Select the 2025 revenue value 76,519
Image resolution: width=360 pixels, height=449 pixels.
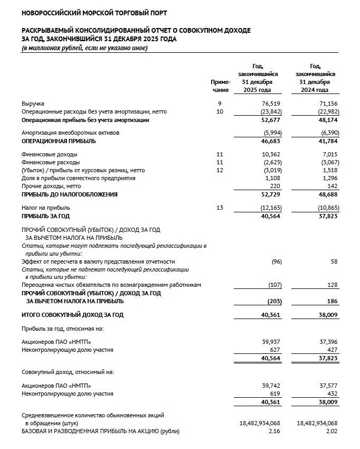[x=269, y=105]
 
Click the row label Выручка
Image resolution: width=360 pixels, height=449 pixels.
[x=33, y=105]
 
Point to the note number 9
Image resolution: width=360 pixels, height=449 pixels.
[x=220, y=105]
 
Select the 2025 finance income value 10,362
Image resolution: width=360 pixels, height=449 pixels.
[x=269, y=154]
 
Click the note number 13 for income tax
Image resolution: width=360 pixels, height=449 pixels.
[x=220, y=208]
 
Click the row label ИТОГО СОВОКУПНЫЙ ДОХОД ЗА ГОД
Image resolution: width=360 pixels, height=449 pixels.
[x=72, y=315]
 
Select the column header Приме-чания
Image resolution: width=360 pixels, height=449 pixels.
[x=220, y=86]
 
